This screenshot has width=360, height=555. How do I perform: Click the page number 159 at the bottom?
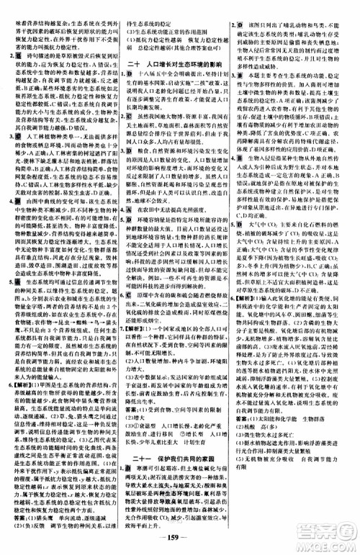click(179, 537)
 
